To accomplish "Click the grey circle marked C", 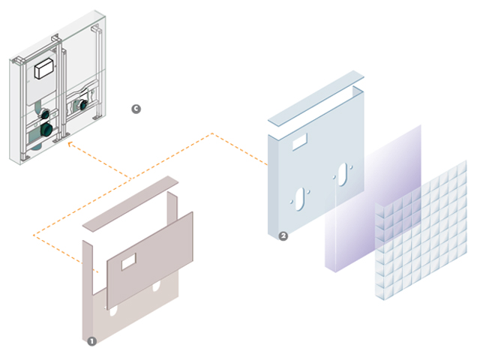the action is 136,109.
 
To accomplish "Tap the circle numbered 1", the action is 91,341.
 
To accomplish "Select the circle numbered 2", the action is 283,236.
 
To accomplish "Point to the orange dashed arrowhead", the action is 71,144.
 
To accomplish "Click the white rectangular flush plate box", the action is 44,68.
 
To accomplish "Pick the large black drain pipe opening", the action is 46,129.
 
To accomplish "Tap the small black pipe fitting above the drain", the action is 45,115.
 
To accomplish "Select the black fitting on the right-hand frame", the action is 83,105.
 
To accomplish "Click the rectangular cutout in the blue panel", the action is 300,142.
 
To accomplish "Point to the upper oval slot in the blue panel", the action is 343,174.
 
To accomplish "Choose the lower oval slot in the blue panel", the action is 300,199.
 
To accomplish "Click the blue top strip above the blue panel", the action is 316,98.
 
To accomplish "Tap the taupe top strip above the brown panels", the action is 130,203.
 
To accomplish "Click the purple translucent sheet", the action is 373,198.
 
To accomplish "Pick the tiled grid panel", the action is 421,230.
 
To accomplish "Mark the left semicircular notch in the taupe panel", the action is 112,312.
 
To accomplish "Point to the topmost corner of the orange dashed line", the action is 212,133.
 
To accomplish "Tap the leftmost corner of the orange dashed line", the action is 34,235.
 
